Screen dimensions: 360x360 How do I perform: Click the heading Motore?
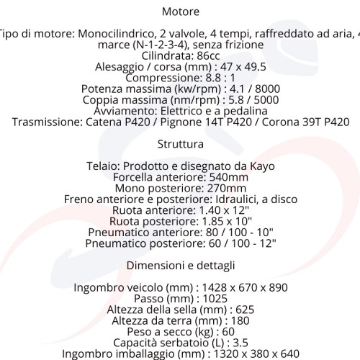(x=181, y=12)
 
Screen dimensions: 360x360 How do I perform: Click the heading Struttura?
(x=180, y=143)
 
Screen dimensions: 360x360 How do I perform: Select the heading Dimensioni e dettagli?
(x=180, y=265)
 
